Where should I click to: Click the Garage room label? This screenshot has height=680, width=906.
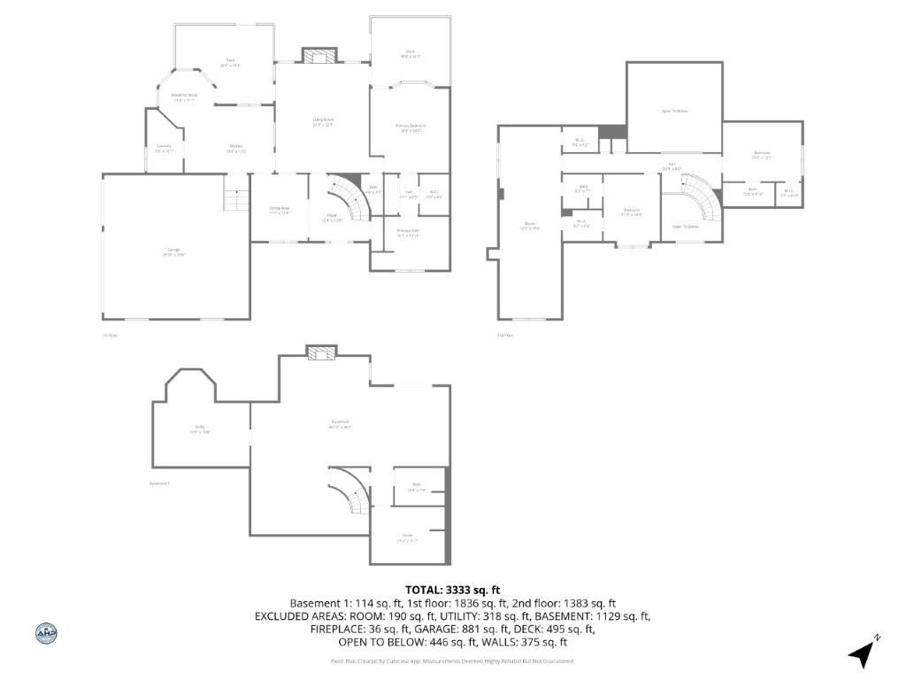click(174, 251)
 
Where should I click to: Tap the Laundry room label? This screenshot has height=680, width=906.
click(164, 148)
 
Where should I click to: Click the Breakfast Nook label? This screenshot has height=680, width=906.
click(184, 97)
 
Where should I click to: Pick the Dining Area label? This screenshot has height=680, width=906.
click(279, 210)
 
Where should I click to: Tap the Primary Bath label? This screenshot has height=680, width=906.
click(408, 233)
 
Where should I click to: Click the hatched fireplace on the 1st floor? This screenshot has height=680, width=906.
click(319, 56)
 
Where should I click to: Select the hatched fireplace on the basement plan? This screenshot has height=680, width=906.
click(319, 352)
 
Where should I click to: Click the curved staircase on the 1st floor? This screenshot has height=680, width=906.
click(350, 199)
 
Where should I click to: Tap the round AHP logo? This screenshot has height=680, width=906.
click(46, 632)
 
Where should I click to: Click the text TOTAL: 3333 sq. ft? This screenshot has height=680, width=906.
click(452, 590)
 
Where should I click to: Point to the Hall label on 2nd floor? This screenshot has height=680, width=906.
click(672, 166)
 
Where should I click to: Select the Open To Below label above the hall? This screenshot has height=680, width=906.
click(674, 111)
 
